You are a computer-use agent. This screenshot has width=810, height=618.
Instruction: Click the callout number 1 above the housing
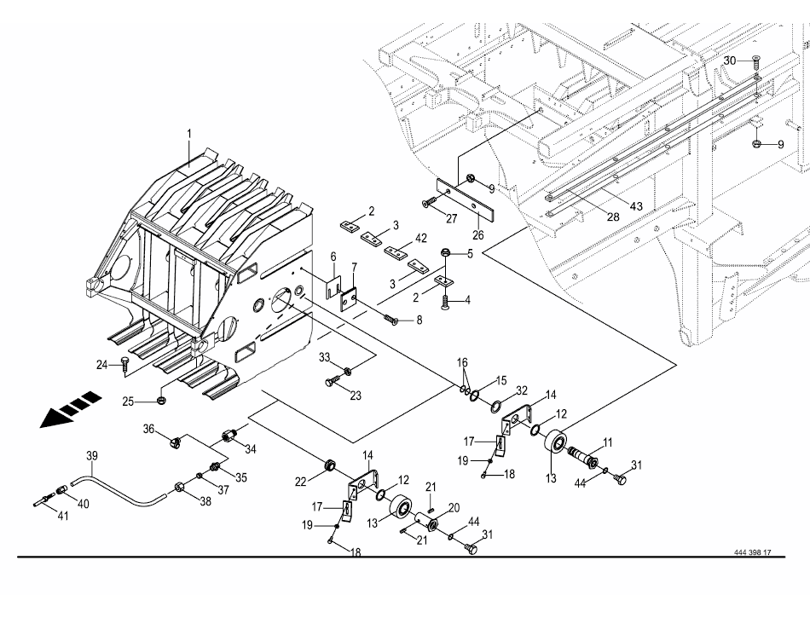189,134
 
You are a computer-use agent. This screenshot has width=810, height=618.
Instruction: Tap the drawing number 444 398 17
753,552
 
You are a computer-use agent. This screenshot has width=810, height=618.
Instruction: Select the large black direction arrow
71,409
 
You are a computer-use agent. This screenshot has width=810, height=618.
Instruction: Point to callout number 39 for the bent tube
92,456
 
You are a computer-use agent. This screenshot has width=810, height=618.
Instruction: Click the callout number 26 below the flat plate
478,235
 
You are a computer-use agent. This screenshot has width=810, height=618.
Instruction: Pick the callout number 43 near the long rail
636,206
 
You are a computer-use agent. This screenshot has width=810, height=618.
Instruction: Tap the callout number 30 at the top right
729,61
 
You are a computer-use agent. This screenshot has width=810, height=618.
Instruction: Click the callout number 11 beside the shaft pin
607,442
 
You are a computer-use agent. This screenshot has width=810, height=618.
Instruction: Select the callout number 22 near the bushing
301,482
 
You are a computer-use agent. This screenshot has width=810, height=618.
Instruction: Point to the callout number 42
421,239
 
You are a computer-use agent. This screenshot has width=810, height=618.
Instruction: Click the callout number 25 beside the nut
128,401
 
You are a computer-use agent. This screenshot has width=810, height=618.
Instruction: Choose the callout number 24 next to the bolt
102,365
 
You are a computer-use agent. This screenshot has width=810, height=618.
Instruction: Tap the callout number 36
148,429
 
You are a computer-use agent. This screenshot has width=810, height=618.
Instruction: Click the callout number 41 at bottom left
62,516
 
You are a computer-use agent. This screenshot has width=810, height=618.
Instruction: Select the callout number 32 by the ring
522,390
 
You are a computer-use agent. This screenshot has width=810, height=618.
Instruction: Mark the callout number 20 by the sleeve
454,508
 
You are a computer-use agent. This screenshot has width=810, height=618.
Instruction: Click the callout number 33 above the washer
324,357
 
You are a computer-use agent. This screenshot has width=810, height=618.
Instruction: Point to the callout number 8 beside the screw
419,321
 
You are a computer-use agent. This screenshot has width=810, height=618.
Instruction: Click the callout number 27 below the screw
452,219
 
